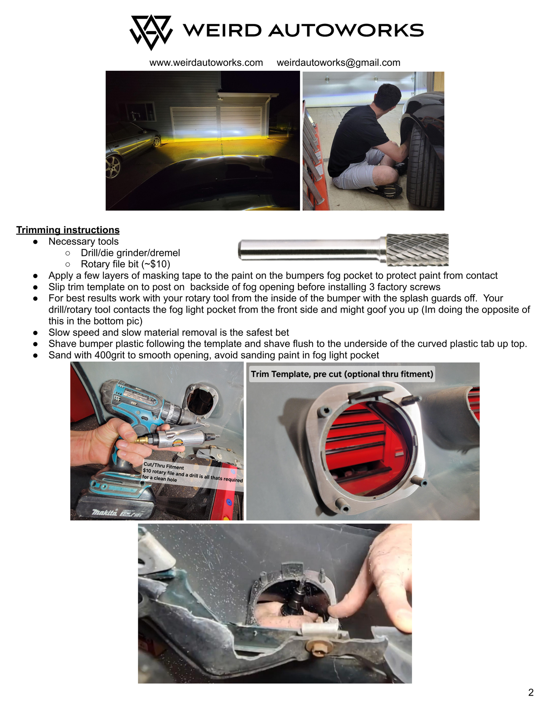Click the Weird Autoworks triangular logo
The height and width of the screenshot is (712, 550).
(x=151, y=32)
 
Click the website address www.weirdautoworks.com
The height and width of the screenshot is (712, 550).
(x=206, y=62)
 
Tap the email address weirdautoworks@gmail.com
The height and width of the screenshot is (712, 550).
(x=338, y=62)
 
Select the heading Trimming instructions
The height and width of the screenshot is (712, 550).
(x=68, y=230)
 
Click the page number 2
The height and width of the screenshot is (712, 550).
(x=531, y=693)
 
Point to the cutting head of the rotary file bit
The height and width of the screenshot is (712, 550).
(x=417, y=249)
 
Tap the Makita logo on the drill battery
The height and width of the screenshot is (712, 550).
(x=104, y=512)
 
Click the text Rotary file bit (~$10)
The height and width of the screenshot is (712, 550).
(x=126, y=264)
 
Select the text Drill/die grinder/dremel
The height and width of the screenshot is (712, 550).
(x=131, y=253)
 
